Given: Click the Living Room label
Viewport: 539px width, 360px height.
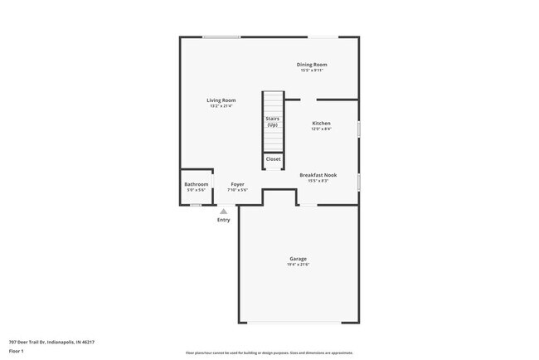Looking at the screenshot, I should coord(221,100).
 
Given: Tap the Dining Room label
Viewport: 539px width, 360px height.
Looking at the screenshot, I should coord(312,65).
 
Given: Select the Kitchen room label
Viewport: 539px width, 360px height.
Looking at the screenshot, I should coord(321,123).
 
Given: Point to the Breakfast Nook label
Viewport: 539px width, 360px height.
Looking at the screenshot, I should coord(318,175).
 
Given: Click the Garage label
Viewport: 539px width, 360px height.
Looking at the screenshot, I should coord(298,259).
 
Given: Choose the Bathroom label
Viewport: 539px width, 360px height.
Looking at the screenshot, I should coord(197,184).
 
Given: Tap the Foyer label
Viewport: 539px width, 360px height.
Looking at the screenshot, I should coord(237,184).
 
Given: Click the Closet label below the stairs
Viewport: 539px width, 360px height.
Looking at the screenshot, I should coord(273,158).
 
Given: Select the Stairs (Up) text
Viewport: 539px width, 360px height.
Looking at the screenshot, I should coord(272,121).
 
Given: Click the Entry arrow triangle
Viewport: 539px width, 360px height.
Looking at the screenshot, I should coord(223,212).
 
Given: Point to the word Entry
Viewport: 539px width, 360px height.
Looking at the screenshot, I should coord(223,220).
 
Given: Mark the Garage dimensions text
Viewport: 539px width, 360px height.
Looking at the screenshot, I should coord(298,265).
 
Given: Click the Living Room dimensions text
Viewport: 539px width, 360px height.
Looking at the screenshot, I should coord(221,106).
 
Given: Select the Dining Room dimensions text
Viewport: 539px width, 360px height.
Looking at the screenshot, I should coord(312,71).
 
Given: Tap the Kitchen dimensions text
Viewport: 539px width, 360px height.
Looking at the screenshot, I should coord(321,129).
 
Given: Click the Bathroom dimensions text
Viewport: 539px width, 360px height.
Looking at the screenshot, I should coord(197,190).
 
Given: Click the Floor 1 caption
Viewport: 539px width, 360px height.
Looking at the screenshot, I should coord(17,352).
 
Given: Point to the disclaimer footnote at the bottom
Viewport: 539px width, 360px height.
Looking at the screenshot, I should coord(269,353).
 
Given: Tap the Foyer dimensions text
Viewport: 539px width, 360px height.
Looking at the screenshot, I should coord(237,190).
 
